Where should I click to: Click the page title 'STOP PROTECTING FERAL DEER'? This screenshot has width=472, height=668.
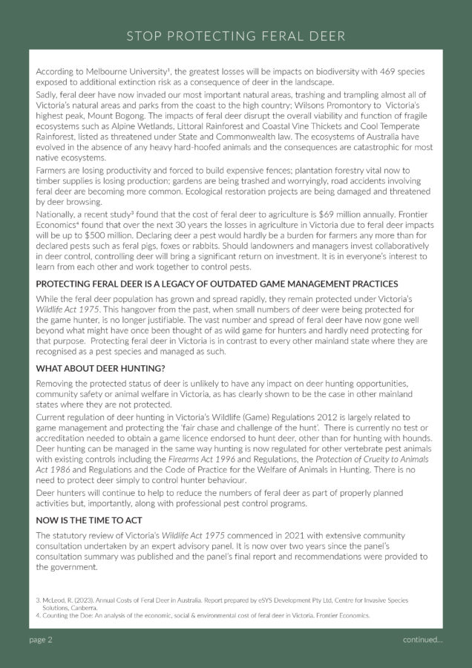coord(235,36)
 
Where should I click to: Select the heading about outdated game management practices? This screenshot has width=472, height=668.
coord(217,284)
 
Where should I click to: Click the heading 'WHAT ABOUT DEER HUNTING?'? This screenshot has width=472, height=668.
coord(100,369)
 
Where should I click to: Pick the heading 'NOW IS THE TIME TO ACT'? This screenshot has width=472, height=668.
coord(93,520)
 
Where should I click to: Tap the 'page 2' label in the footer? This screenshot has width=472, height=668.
coord(41,640)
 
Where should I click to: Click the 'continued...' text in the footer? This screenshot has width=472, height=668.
coord(422,640)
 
